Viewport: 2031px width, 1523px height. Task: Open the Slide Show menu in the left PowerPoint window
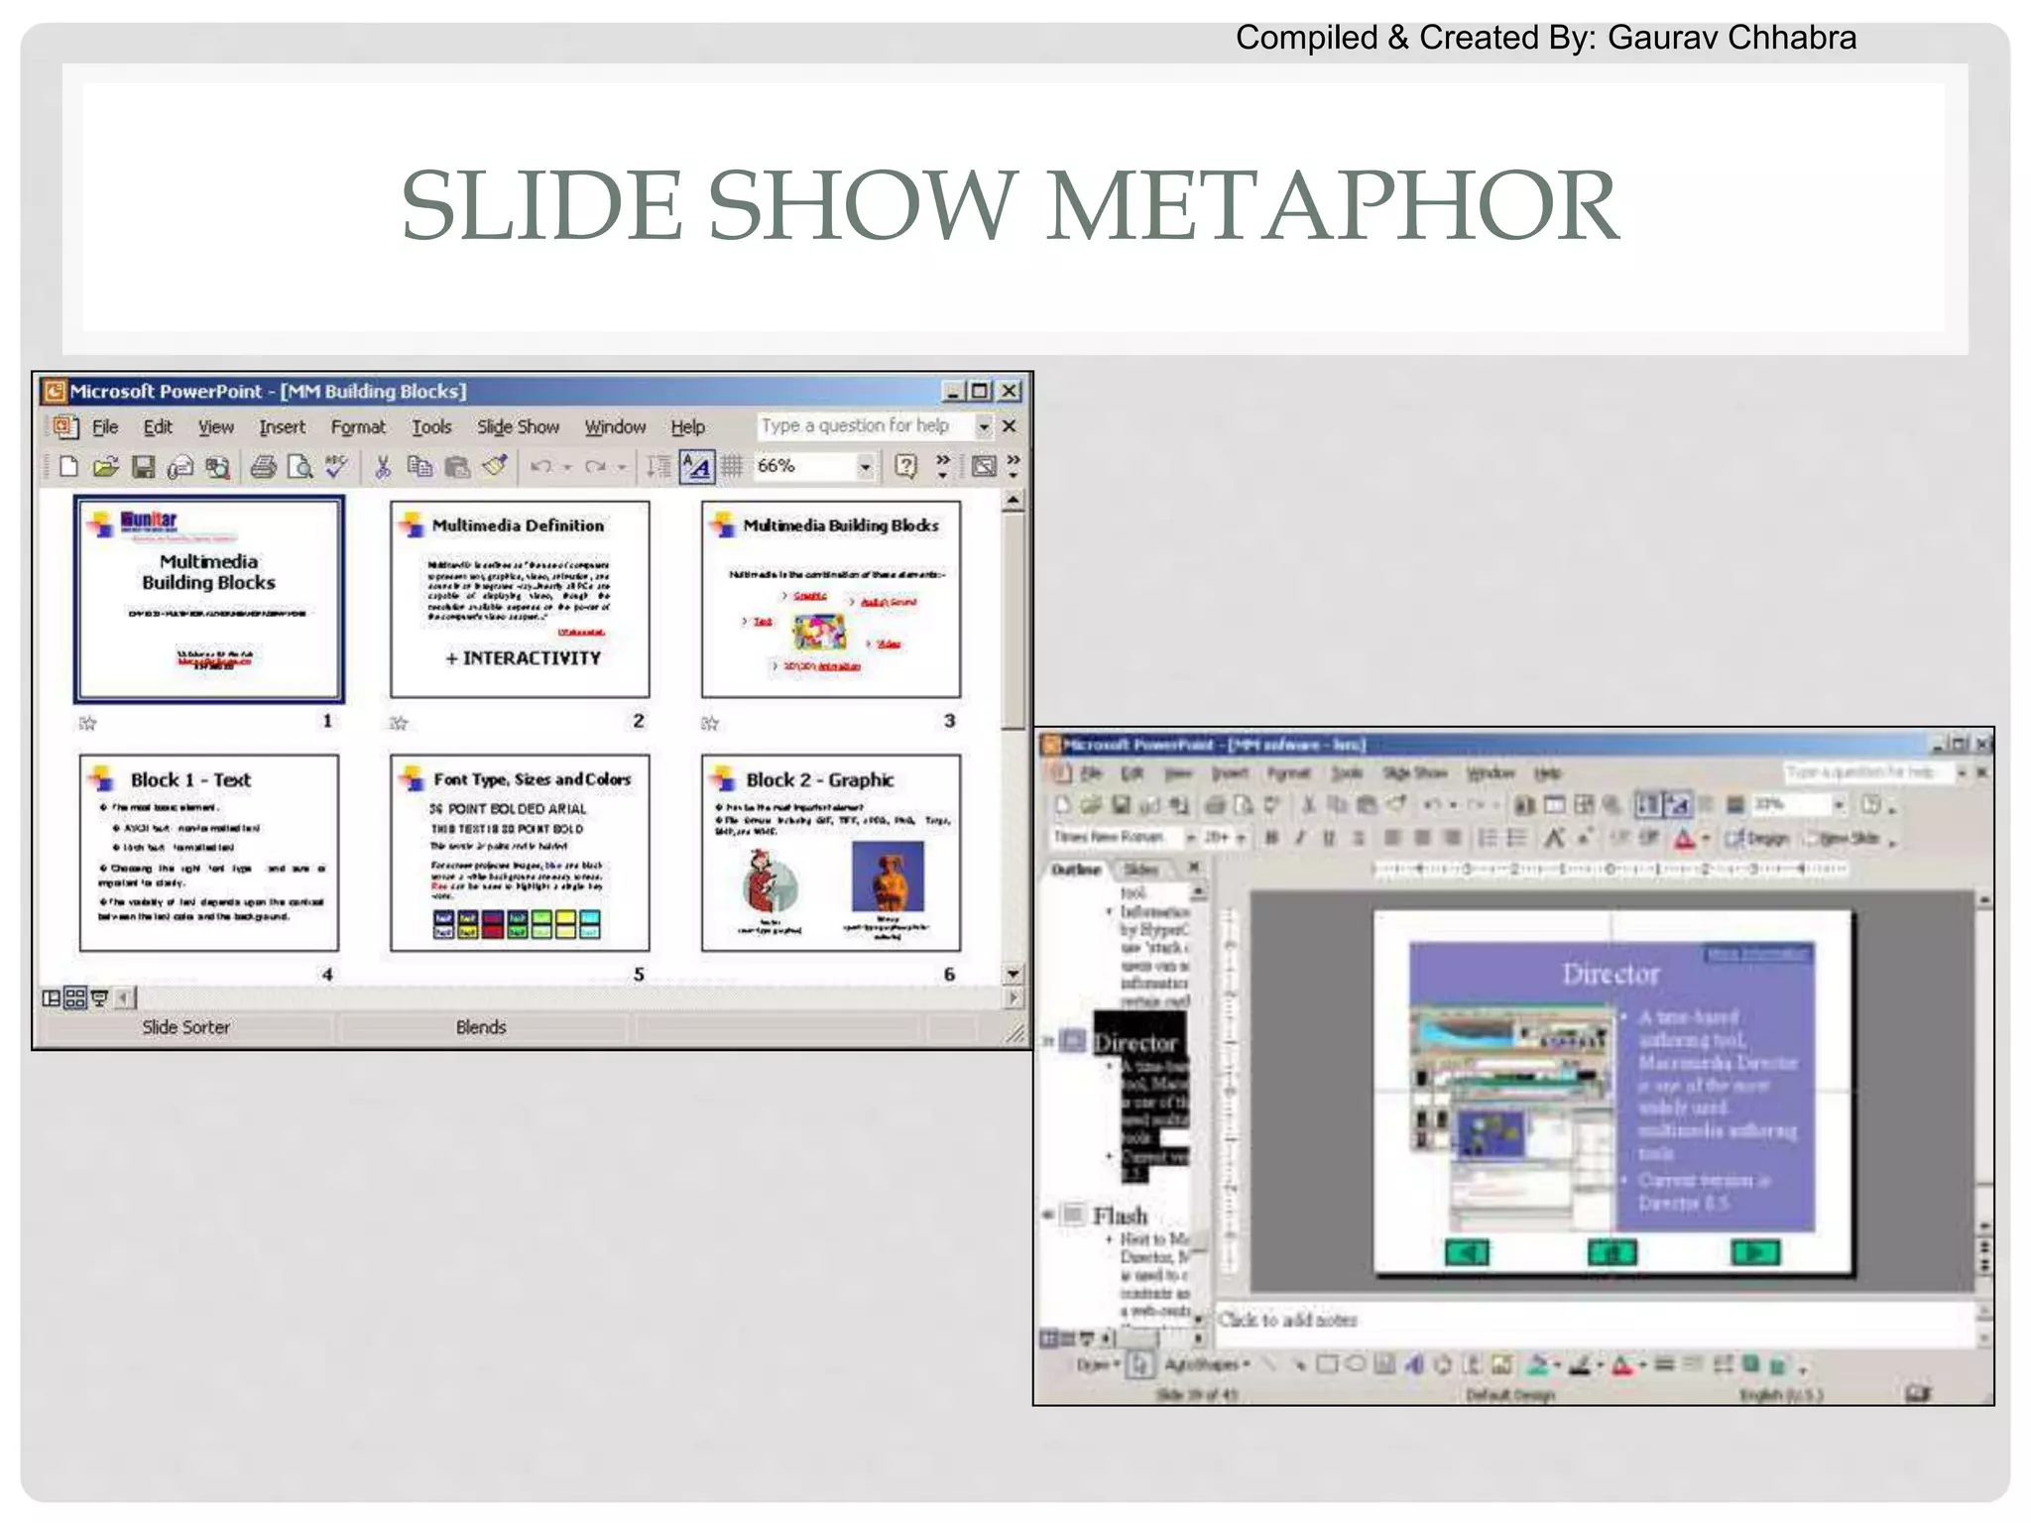518,427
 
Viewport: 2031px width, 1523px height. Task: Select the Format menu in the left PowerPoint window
357,427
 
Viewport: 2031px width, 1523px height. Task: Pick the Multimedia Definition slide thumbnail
520,599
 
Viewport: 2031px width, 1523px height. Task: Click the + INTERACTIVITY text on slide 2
523,658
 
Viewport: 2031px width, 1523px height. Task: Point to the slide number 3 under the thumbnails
949,721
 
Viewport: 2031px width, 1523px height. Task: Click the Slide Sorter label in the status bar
185,1027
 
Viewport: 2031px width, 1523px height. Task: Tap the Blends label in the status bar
481,1027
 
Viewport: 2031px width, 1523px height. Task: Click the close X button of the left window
1010,392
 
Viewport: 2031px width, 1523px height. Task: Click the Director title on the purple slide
1611,974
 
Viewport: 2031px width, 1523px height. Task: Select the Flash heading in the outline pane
1120,1216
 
